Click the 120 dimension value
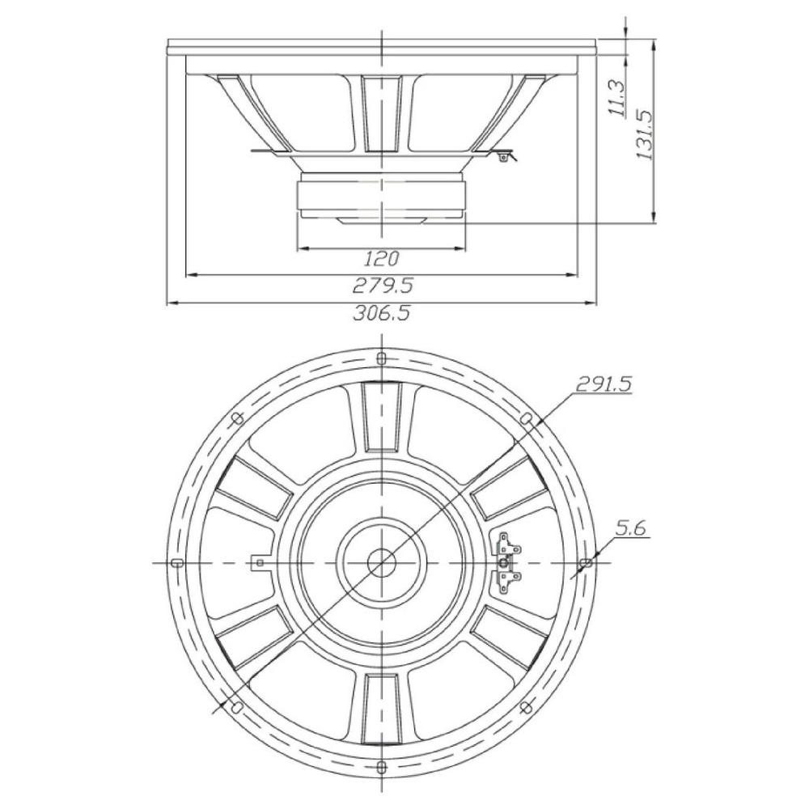pyautogui.click(x=383, y=259)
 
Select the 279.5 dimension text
pyautogui.click(x=383, y=285)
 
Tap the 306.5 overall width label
pyautogui.click(x=383, y=313)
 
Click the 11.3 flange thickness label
pyautogui.click(x=617, y=98)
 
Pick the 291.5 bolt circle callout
pyautogui.click(x=604, y=384)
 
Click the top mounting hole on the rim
pyautogui.click(x=381, y=357)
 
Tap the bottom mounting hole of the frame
pyautogui.click(x=381, y=765)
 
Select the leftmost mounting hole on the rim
pyautogui.click(x=176, y=561)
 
